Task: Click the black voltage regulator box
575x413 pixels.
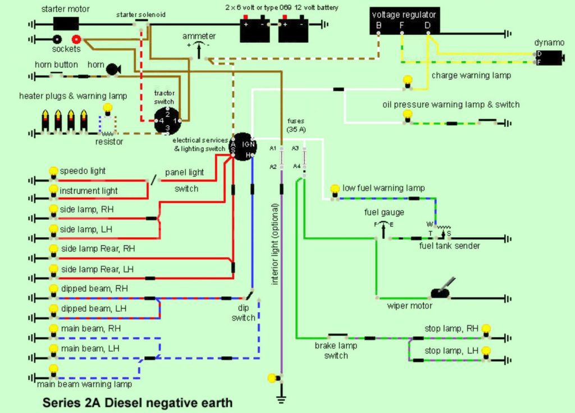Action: pos(404,20)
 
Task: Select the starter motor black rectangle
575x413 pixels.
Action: pos(66,24)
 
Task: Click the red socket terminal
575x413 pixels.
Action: pos(76,39)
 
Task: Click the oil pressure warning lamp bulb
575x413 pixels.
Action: pos(408,114)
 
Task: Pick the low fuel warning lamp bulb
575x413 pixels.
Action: pos(335,189)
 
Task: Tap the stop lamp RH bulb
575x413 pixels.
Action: pos(486,329)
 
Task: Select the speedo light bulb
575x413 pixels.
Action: pos(53,171)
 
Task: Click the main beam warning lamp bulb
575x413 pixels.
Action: pos(53,370)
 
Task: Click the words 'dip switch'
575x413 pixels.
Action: pos(243,313)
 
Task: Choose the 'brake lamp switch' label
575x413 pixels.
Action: pos(336,351)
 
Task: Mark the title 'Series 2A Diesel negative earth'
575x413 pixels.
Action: pos(138,402)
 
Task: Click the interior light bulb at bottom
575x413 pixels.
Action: pos(273,378)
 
